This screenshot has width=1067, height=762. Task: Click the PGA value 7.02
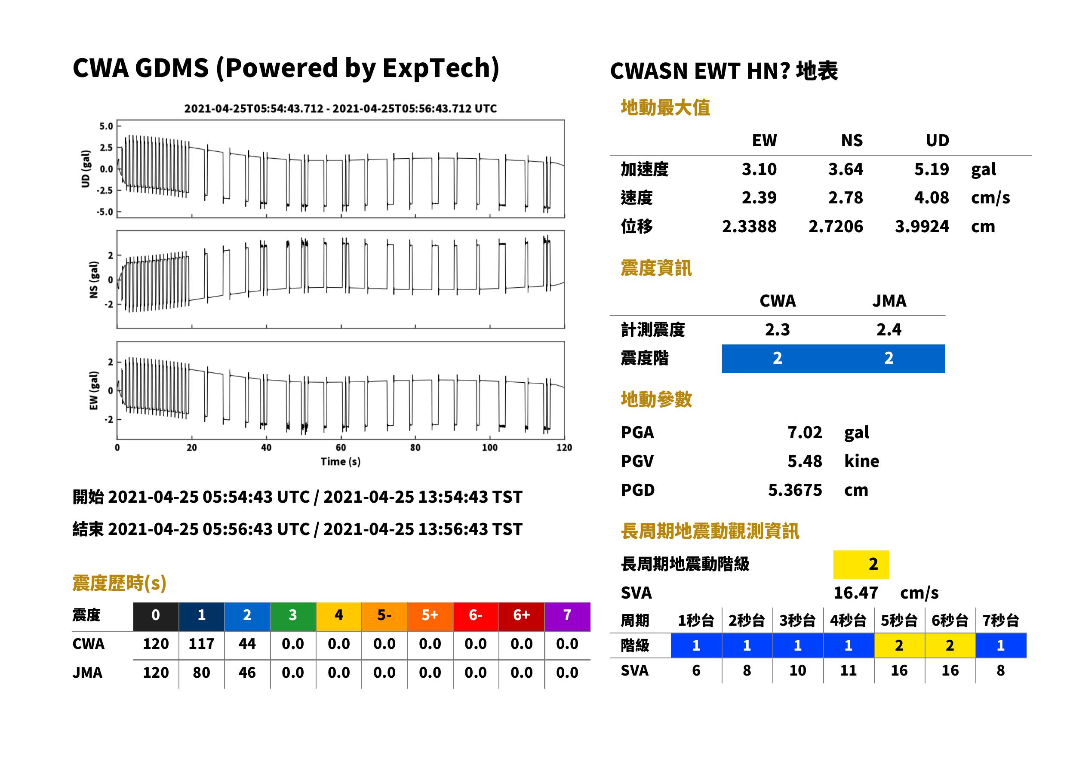[x=804, y=432]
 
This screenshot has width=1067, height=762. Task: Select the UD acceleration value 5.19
[x=932, y=169]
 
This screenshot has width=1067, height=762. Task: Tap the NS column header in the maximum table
[x=852, y=140]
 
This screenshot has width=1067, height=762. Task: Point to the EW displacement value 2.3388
[x=749, y=226]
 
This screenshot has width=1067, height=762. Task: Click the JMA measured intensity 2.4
[x=889, y=329]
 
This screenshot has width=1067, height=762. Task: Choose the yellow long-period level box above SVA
[x=861, y=564]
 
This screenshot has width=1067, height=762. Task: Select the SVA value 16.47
[x=855, y=593]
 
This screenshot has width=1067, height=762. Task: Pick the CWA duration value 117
[x=201, y=644]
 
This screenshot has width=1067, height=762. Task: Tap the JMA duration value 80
[x=201, y=673]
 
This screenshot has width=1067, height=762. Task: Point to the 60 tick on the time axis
[x=341, y=448]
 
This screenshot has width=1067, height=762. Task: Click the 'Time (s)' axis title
[x=341, y=462]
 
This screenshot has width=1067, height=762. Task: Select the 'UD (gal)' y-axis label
[x=86, y=169]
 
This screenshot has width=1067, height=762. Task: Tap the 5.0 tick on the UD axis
[x=106, y=126]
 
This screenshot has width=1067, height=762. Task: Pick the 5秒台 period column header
[x=899, y=620]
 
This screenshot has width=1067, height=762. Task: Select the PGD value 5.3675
[x=795, y=490]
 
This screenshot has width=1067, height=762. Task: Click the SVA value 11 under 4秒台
[x=849, y=670]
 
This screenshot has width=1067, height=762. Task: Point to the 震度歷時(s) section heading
[x=120, y=583]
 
